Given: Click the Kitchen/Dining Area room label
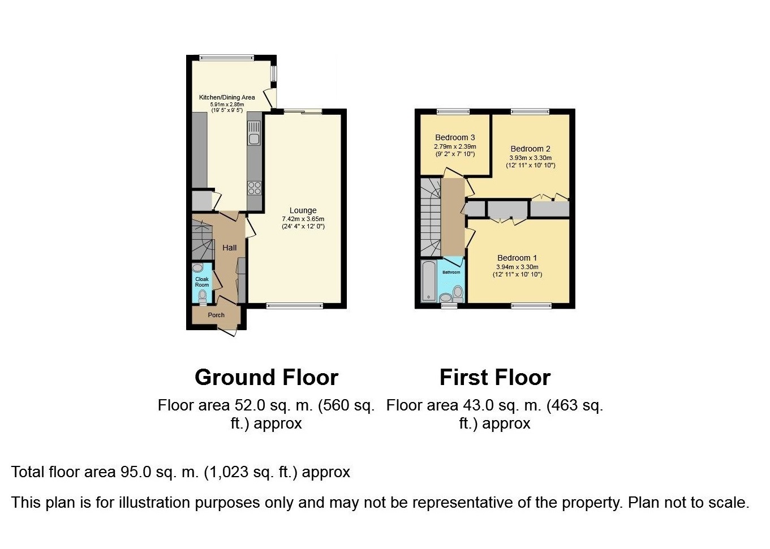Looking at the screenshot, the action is (x=227, y=97).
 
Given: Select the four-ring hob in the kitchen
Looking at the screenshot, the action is (x=255, y=188).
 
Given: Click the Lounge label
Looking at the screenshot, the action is (x=303, y=210).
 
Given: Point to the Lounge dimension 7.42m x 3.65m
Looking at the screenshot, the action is (x=303, y=219).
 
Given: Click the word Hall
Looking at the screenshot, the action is (x=229, y=248).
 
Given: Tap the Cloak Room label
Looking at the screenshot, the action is (x=202, y=282).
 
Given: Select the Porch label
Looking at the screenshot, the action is (x=216, y=315).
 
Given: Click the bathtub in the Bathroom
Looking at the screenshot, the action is (x=429, y=281).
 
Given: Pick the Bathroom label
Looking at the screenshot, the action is (x=451, y=272).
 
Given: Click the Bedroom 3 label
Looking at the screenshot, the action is (x=455, y=137).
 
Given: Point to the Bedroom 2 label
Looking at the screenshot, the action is (x=531, y=149).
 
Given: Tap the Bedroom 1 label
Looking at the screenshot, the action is (x=517, y=258).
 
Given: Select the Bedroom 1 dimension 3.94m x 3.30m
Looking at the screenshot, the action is (x=517, y=267).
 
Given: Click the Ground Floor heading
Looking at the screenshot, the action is (x=266, y=377).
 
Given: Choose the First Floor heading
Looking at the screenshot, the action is (x=495, y=377).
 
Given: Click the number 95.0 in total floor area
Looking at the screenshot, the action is (x=136, y=472).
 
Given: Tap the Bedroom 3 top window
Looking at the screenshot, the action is (x=453, y=111).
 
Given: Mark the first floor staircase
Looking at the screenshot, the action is (x=431, y=217).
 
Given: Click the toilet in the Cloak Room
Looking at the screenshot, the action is (x=203, y=296).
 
